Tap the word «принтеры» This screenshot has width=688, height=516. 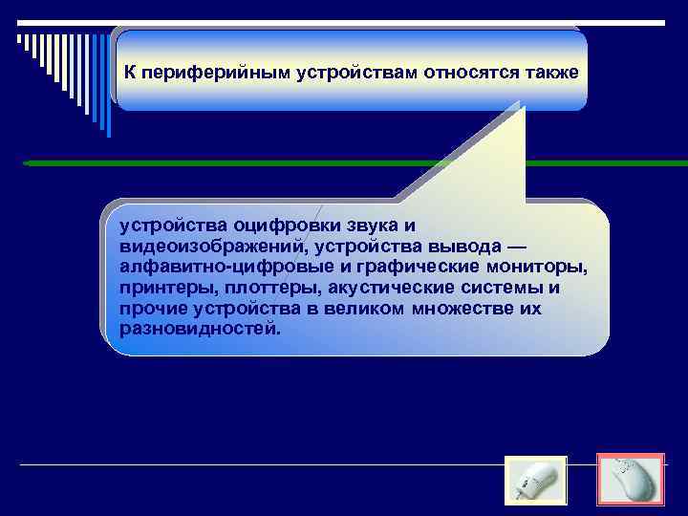161,289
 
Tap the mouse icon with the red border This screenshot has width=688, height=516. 631,479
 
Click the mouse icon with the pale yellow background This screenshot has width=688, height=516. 535,481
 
